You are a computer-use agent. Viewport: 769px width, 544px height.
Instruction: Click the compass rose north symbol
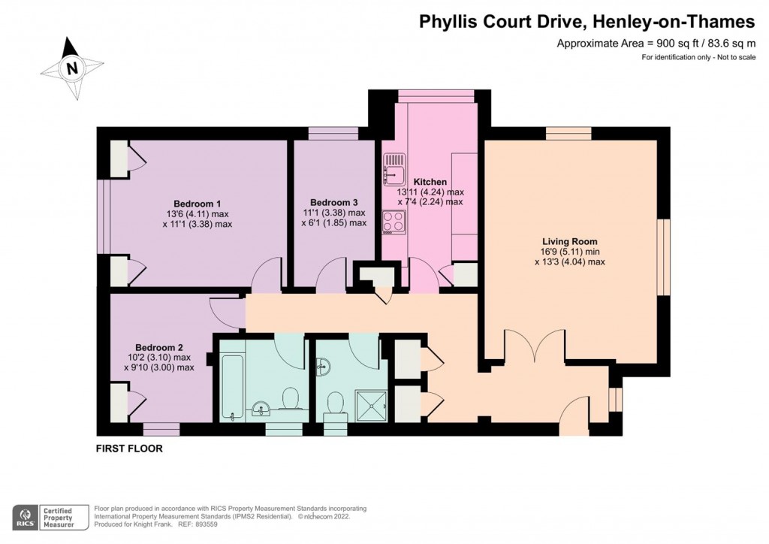(72, 68)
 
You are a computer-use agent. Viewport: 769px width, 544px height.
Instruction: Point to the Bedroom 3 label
(333, 203)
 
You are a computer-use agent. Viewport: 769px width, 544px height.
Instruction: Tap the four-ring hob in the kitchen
(394, 222)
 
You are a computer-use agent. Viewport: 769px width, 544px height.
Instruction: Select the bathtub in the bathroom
(231, 388)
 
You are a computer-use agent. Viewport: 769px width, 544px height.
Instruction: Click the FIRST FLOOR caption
(129, 449)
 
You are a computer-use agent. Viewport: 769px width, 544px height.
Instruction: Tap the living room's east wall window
(664, 256)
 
